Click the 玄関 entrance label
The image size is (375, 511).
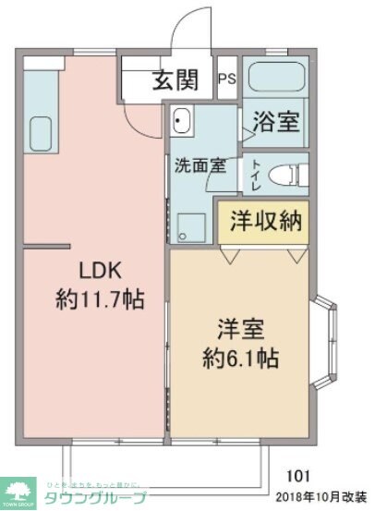[175, 81]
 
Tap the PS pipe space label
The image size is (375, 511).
[226, 80]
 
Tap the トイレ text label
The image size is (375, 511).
[253, 175]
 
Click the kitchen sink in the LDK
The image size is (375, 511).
[41, 128]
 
